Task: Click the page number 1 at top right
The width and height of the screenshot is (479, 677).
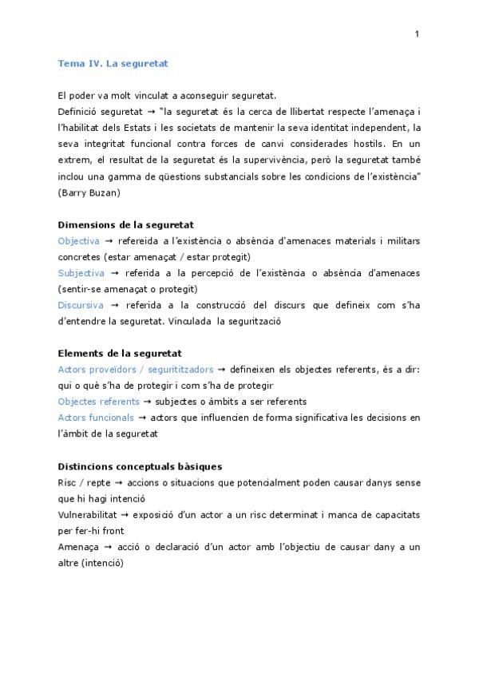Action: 417,34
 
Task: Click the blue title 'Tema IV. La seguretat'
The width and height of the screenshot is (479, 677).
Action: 112,62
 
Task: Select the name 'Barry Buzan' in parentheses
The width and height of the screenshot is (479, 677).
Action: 89,193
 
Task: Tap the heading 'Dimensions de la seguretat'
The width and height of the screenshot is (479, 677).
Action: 126,225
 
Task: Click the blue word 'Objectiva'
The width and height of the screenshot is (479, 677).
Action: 79,240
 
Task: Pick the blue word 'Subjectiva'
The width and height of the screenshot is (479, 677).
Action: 81,273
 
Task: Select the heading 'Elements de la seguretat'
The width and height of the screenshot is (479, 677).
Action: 120,354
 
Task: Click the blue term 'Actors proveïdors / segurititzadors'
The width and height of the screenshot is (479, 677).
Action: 136,370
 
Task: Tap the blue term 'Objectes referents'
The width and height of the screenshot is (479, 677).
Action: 98,402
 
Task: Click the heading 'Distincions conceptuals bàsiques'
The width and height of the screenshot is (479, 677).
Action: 140,466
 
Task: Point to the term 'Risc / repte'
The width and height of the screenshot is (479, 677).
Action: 85,483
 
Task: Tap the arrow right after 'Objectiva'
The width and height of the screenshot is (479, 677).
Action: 109,241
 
